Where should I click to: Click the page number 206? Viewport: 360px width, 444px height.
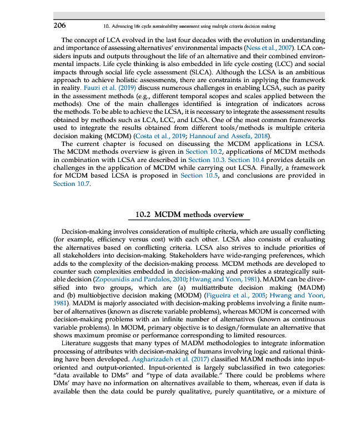point(59,26)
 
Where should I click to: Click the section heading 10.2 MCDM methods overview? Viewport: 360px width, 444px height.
point(189,214)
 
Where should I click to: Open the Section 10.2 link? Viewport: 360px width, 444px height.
point(204,152)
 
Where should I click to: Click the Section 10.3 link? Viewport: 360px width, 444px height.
point(207,160)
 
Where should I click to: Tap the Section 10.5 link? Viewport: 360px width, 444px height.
point(199,175)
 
